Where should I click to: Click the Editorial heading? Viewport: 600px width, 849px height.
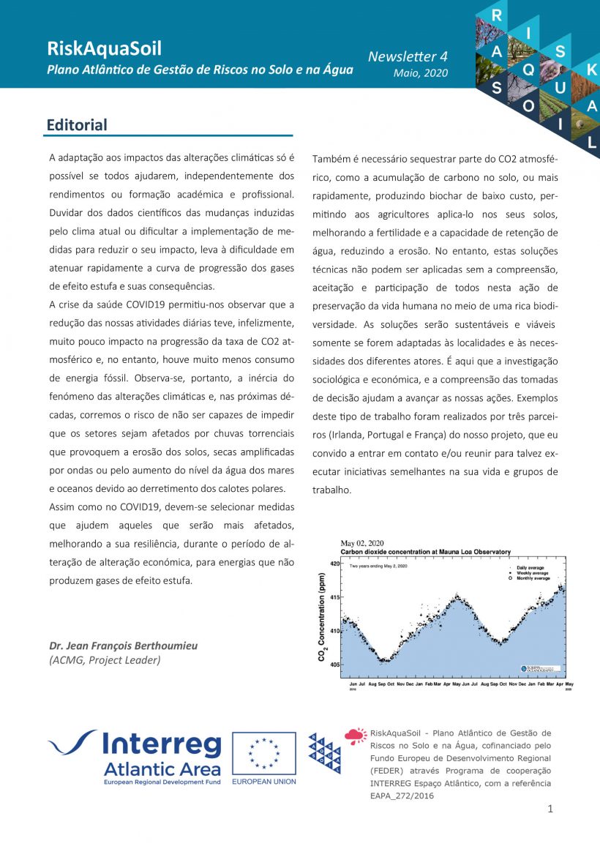pos(77,125)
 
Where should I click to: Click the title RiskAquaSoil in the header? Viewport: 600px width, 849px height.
pos(104,49)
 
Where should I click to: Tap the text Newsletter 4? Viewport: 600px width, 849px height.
pos(408,56)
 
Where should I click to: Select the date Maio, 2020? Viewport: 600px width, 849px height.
pos(420,73)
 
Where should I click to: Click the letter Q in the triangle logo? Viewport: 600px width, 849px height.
pos(528,70)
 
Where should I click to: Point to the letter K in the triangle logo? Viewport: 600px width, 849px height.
pos(592,70)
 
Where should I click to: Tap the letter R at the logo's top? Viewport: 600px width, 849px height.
pos(497,15)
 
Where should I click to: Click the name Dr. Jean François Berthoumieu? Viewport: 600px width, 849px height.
pos(123,646)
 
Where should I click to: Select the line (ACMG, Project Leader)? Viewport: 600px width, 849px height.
pos(105,659)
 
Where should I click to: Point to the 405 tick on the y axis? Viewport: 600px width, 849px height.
pos(333,665)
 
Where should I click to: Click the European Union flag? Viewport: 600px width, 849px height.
pos(264,754)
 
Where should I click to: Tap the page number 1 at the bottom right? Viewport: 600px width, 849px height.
pos(550,809)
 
